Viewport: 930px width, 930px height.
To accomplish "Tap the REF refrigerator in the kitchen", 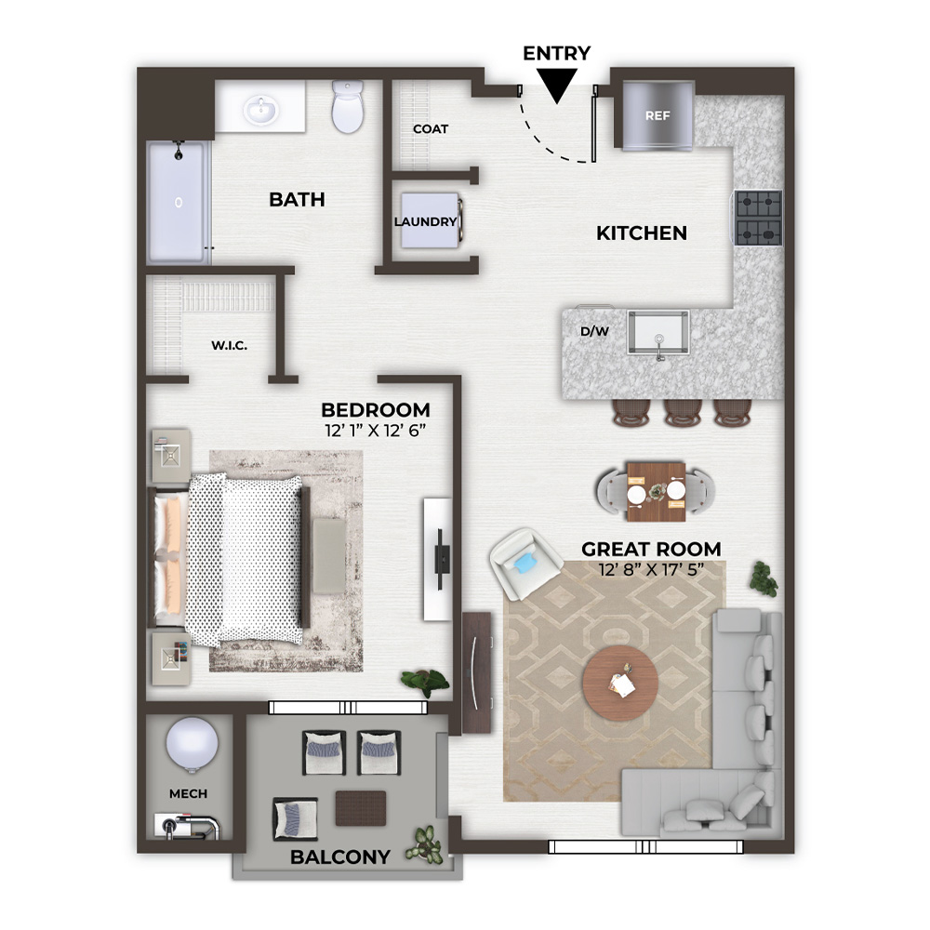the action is pyautogui.click(x=658, y=115).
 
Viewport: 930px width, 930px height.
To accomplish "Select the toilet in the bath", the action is pyautogui.click(x=347, y=107).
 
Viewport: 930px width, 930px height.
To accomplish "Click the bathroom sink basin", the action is pyautogui.click(x=261, y=110).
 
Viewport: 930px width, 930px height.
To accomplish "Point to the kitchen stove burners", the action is pyautogui.click(x=758, y=218).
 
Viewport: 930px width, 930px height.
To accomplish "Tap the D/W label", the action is pyautogui.click(x=594, y=332).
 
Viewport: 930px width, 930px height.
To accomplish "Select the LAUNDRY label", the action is pyautogui.click(x=425, y=222).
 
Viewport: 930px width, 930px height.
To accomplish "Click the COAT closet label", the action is pyautogui.click(x=431, y=128).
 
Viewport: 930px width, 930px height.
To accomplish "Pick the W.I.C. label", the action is pyautogui.click(x=229, y=345).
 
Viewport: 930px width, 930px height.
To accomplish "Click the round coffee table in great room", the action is pyautogui.click(x=619, y=684).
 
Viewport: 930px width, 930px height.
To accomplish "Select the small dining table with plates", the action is pyautogui.click(x=656, y=492).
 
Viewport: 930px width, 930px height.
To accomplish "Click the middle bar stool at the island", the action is pyautogui.click(x=682, y=412).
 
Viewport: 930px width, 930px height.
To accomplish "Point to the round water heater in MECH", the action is pyautogui.click(x=192, y=745).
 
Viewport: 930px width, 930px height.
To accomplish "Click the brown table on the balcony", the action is pyautogui.click(x=361, y=808).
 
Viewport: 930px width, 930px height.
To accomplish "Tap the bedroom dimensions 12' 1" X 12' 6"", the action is pyautogui.click(x=376, y=431).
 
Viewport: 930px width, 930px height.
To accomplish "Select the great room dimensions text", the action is pyautogui.click(x=651, y=569).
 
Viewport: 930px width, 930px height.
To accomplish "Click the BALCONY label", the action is pyautogui.click(x=339, y=857).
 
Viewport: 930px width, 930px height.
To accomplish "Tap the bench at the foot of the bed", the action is pyautogui.click(x=329, y=556).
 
